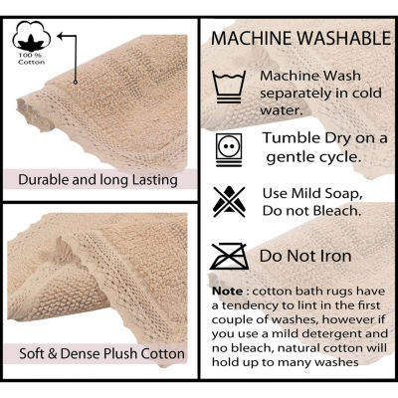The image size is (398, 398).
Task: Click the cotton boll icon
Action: tap(32, 36)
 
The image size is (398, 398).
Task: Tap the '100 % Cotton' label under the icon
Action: tap(32, 59)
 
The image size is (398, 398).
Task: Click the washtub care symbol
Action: tap(229, 87)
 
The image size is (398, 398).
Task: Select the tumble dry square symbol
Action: tap(229, 149)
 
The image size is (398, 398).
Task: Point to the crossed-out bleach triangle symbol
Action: tap(229, 202)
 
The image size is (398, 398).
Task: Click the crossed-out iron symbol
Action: tap(230, 257)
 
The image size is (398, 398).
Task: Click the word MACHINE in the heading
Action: tap(252, 38)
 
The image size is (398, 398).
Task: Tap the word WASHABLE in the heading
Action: tap(344, 38)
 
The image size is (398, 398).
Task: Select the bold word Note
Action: tap(228, 292)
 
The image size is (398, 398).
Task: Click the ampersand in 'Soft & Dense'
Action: tap(53, 353)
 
